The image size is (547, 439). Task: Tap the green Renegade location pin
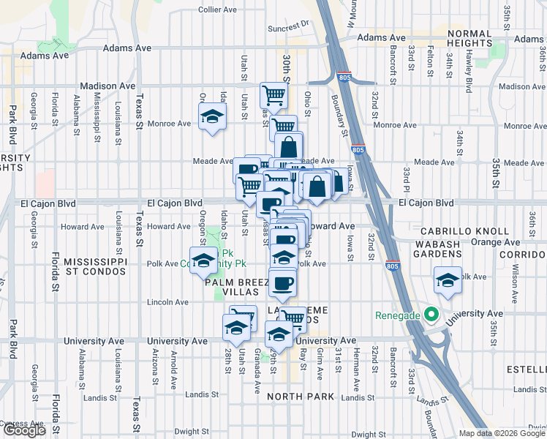pos(431,316)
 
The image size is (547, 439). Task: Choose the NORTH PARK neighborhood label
pos(300,397)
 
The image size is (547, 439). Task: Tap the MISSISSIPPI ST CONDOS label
pos(95,269)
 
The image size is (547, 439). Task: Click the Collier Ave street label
pos(218,10)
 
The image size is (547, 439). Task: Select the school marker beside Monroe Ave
pos(212,116)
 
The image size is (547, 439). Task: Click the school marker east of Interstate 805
pos(448,280)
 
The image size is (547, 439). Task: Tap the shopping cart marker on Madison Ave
pos(273,94)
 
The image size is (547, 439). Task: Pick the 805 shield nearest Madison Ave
pos(344,76)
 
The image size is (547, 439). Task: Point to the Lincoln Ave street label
pos(168,301)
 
